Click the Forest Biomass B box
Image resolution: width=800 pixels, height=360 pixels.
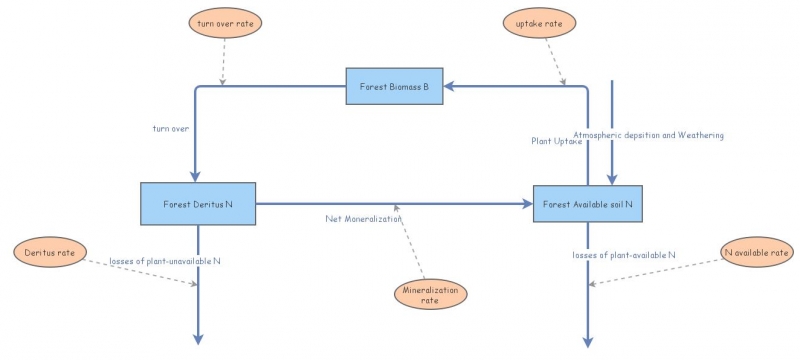tap(395, 87)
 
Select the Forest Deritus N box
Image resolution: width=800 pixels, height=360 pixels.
tap(198, 204)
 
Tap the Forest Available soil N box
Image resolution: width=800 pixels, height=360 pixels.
tap(587, 204)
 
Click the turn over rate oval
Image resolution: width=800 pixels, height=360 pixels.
tap(222, 22)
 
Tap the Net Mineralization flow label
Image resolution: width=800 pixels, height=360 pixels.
tap(363, 218)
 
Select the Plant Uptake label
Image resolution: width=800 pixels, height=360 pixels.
tap(556, 141)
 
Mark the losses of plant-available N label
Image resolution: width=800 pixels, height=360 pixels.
tap(625, 255)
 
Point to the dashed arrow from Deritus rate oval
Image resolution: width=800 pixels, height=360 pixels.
tap(140, 270)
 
